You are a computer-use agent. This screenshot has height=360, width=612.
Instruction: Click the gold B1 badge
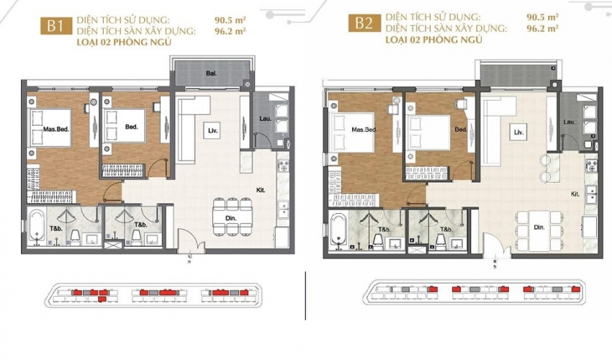click(56, 26)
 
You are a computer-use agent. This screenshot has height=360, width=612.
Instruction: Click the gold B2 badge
click(364, 23)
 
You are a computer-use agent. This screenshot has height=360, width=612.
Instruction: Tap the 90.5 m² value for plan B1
click(230, 19)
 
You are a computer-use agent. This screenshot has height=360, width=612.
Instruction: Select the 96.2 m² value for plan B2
click(542, 29)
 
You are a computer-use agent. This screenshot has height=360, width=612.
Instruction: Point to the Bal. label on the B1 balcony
click(212, 73)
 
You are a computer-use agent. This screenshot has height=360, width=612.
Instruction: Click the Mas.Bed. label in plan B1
click(56, 129)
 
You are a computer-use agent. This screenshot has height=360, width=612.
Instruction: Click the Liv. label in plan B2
click(518, 132)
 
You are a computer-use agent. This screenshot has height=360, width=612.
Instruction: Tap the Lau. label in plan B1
click(266, 118)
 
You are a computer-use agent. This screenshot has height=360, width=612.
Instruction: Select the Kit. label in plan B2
click(575, 194)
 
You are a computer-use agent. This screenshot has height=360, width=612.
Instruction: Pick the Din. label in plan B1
click(231, 218)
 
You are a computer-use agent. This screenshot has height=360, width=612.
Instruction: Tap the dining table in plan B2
click(539, 231)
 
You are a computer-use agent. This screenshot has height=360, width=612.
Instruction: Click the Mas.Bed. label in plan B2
click(364, 130)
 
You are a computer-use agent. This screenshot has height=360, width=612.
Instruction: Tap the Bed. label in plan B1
click(132, 127)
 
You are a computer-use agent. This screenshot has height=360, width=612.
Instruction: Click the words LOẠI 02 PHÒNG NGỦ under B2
click(433, 40)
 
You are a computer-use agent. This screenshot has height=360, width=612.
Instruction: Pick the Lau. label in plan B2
click(570, 122)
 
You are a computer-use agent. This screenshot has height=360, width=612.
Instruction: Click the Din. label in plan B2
click(539, 228)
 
